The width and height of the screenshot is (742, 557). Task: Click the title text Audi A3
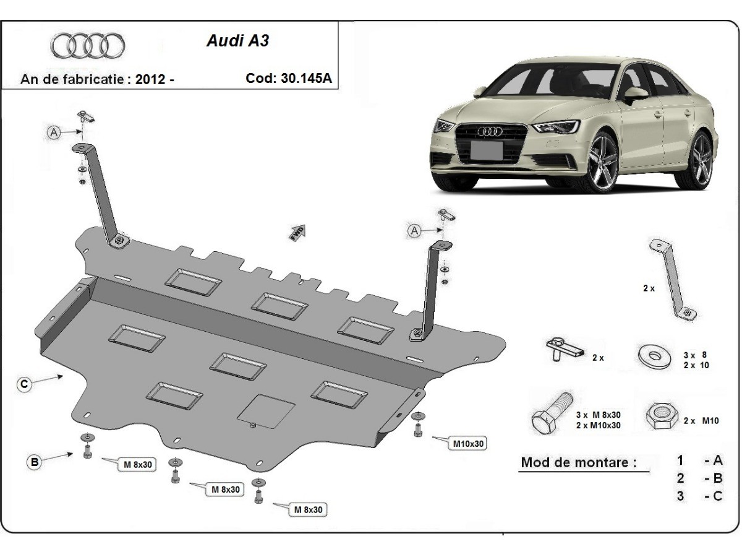237,41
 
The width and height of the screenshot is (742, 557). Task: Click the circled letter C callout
23,384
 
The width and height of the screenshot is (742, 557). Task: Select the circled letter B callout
35,461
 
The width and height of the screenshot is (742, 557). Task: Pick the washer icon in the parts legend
654,356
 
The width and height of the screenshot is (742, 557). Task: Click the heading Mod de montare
578,462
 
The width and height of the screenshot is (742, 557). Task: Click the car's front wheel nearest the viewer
603,162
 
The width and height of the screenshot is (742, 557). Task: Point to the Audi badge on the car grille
492,131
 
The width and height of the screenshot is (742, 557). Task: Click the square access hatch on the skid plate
267,410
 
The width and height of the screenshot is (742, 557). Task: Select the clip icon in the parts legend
563,350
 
